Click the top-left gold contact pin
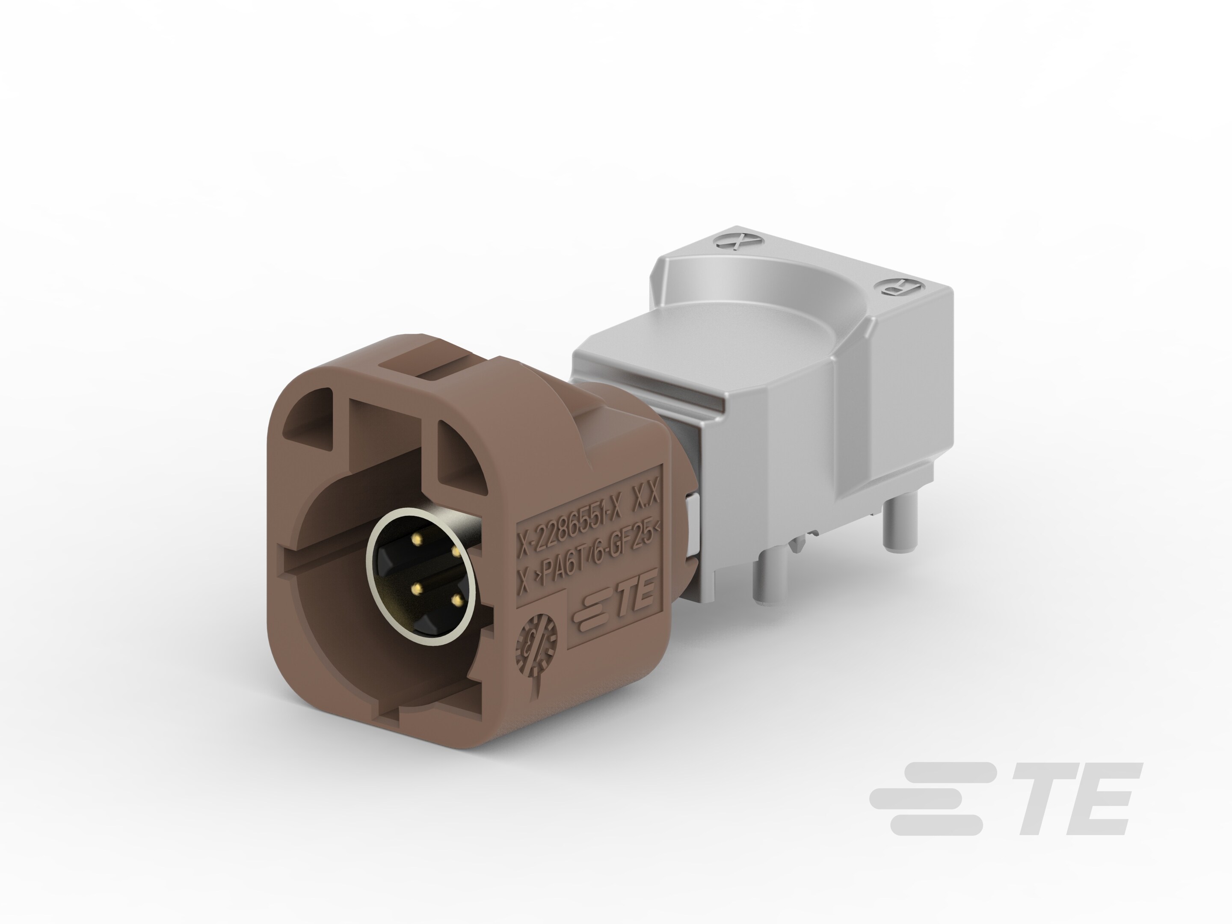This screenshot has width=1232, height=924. (x=416, y=538)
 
